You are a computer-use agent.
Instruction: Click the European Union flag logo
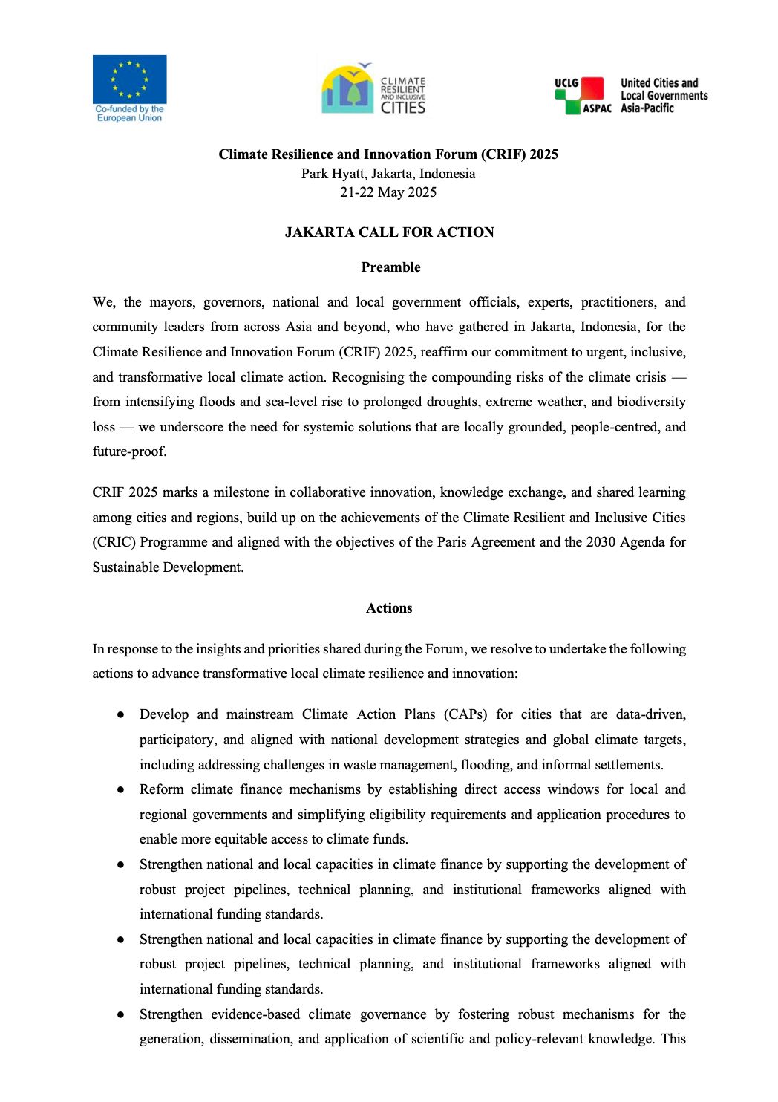point(129,79)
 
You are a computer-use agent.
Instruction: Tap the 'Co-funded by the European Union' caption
point(129,114)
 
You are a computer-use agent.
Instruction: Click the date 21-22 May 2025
point(388,192)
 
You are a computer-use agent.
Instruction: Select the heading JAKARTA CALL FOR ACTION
point(389,232)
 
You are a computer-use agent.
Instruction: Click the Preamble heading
point(390,267)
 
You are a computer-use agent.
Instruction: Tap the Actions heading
point(389,608)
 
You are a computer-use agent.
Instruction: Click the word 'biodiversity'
point(651,402)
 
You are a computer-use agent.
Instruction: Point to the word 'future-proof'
point(128,451)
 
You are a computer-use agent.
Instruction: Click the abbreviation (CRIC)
point(114,542)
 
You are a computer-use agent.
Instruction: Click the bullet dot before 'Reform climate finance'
point(120,790)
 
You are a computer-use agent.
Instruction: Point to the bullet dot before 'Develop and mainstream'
point(120,714)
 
